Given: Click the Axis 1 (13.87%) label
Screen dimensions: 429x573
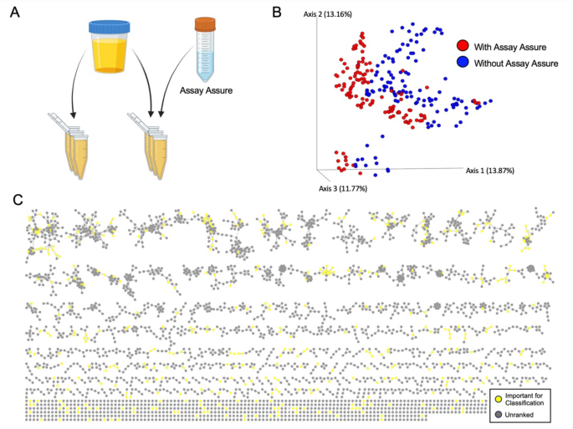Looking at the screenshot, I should [x=489, y=171].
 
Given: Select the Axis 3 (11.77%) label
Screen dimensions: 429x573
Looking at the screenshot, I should [x=342, y=188].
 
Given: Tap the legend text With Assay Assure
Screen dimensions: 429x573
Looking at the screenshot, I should [x=511, y=46].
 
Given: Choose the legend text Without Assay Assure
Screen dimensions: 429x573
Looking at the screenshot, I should [x=518, y=63].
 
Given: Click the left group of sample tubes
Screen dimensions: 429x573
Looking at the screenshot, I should [x=69, y=151].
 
